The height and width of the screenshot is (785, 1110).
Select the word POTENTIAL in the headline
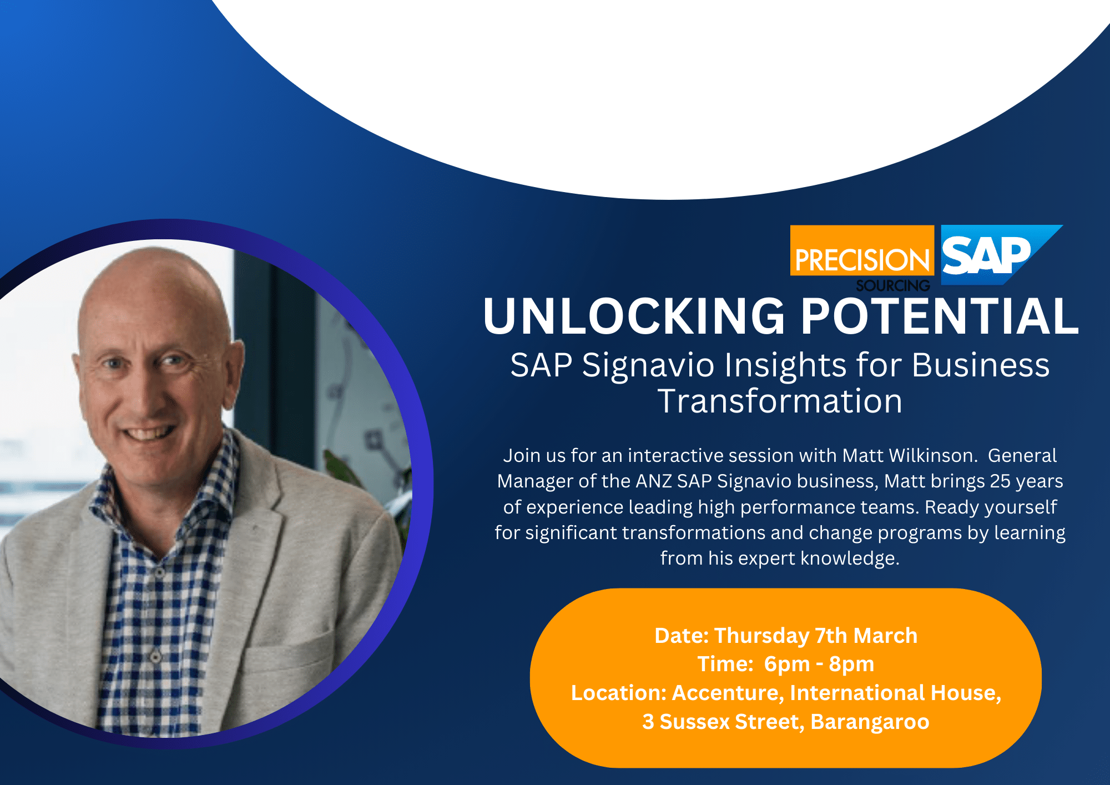coord(939,316)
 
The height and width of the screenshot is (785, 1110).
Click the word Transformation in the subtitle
coord(780,401)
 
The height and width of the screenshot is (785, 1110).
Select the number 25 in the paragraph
coord(1000,481)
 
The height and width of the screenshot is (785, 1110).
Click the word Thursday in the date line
coord(761,636)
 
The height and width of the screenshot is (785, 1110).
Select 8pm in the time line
coord(851,665)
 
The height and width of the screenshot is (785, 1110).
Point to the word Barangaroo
coord(870,723)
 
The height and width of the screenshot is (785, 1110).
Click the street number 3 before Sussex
coord(648,722)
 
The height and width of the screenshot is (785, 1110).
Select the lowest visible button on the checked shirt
coord(156,657)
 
